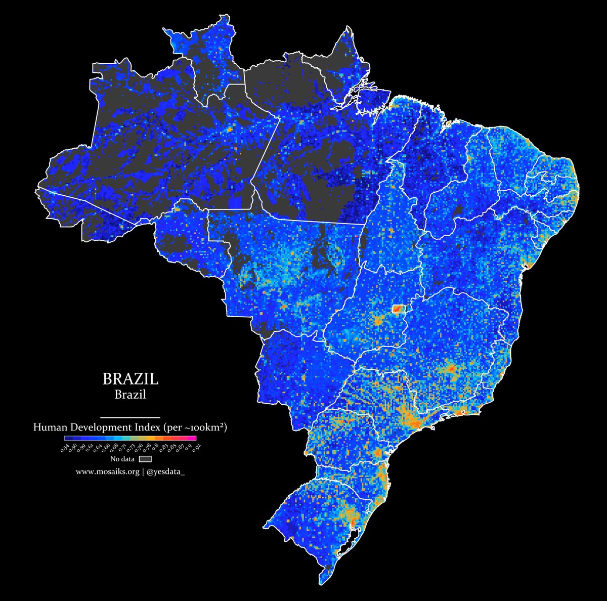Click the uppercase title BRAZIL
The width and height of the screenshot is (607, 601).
pos(130,379)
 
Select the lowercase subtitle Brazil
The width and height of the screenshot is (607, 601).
pos(130,395)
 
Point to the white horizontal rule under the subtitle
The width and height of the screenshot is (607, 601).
pos(130,417)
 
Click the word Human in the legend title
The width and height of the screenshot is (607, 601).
pos(50,427)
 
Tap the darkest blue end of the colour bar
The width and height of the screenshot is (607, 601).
pos(67,438)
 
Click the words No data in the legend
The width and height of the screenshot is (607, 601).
pos(122,459)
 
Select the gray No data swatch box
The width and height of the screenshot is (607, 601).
pos(146,459)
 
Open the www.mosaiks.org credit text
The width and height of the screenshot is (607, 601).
pos(107,471)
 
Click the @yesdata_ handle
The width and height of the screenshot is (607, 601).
pos(165,471)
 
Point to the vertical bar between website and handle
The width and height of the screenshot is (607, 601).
pos(143,471)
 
